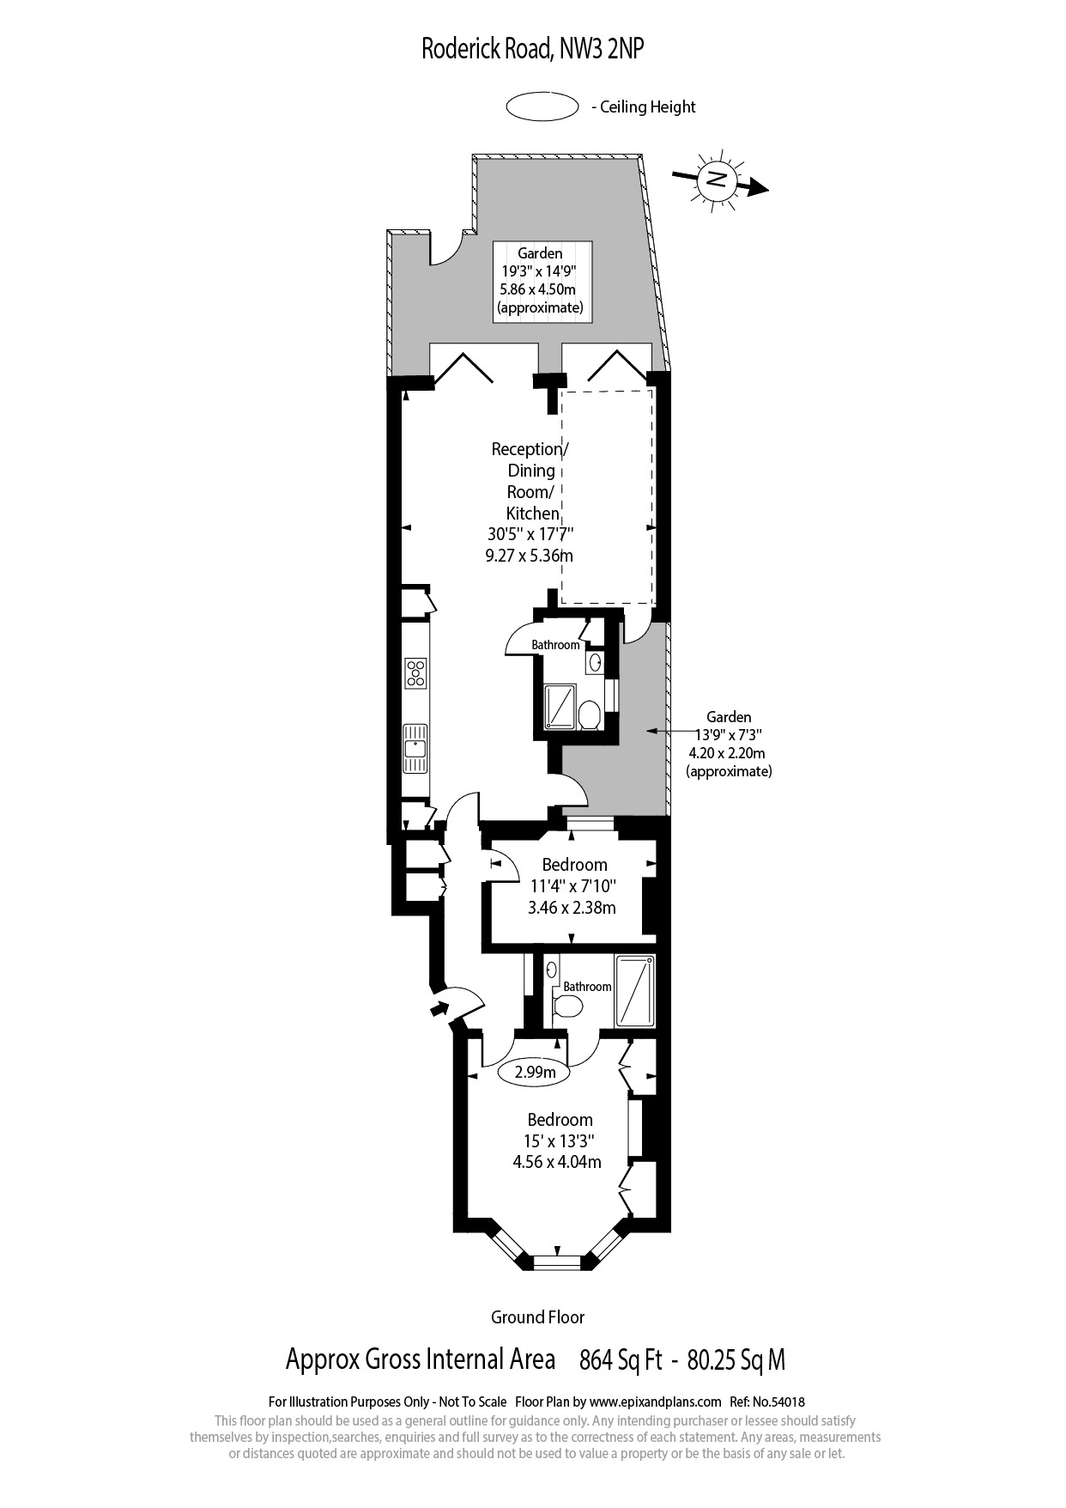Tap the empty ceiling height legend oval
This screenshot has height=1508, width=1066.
pos(542,106)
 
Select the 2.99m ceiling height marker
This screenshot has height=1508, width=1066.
pos(535,1072)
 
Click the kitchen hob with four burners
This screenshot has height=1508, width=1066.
pos(416,672)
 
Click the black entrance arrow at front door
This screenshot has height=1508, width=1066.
pos(440,1007)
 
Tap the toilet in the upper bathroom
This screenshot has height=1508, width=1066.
pos(590,715)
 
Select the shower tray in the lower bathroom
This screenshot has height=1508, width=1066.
pos(635,990)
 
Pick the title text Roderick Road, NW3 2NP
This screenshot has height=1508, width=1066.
pos(532,50)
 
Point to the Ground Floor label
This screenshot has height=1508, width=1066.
pos(537,1316)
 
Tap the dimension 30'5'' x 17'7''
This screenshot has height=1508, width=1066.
pos(530,534)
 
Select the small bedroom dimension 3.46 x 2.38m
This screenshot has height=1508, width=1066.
pos(572,907)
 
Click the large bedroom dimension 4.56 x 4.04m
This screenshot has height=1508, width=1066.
pos(557,1162)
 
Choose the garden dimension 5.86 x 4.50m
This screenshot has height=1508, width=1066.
pos(541,289)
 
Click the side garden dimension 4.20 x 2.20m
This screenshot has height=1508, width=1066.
pos(728,753)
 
